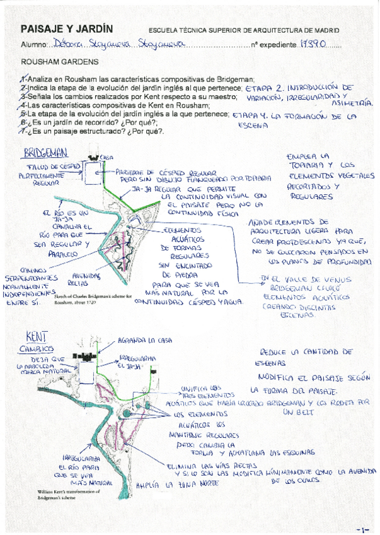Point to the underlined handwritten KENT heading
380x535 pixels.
point(34,336)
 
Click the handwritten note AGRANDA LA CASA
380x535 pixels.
point(144,341)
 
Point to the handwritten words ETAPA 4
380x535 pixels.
point(251,117)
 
